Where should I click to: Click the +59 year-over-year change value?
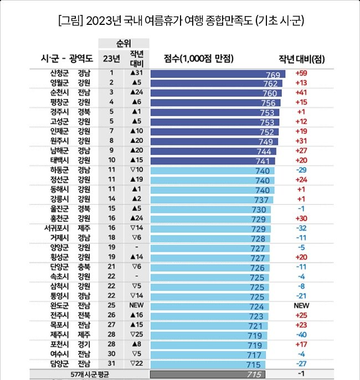click(301, 74)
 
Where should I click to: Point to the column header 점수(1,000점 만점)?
click(198, 58)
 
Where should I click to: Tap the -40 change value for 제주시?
click(301, 335)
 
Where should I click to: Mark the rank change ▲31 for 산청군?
click(137, 74)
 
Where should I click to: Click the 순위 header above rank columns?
click(124, 43)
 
